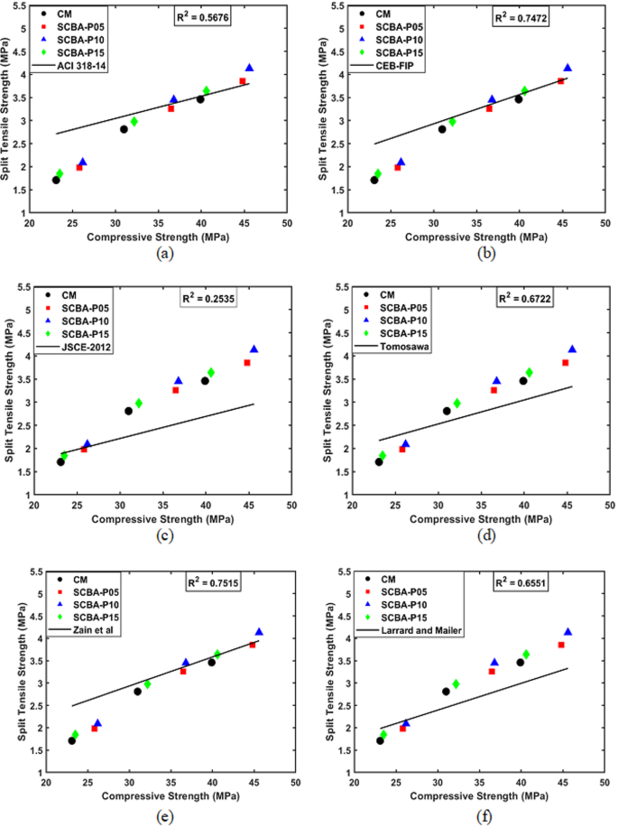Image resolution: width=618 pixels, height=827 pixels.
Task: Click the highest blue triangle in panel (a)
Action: point(250,69)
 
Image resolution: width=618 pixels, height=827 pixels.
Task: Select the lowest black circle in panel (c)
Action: point(60,461)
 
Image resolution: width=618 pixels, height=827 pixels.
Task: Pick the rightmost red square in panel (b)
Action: point(560,81)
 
